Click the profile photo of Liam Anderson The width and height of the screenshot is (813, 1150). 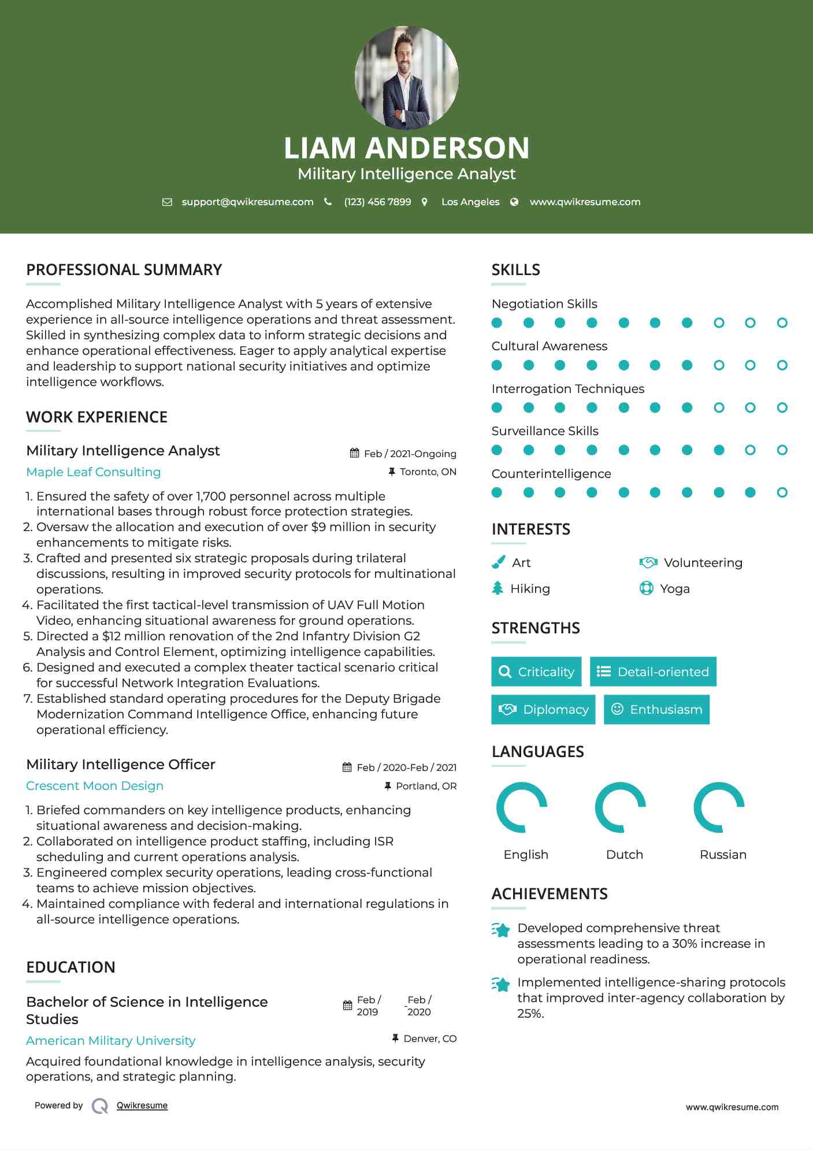406,77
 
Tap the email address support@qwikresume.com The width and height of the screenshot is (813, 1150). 247,202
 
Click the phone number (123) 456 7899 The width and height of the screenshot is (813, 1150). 377,202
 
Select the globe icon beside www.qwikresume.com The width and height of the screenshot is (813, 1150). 514,202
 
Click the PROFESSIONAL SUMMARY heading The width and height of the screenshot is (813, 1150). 124,270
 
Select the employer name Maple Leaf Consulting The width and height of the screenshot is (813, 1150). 94,472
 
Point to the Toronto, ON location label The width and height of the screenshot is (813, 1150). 428,472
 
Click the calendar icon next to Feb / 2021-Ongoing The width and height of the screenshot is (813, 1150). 354,454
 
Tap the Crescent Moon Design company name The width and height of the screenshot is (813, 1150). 95,786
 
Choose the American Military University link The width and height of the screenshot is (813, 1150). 110,1041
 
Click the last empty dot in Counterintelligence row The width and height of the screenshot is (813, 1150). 782,492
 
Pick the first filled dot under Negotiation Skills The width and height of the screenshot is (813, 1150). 497,323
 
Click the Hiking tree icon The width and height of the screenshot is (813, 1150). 498,588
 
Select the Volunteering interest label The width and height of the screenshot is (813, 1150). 703,563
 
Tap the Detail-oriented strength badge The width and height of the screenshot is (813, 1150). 653,672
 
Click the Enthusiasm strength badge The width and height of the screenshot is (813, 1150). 656,710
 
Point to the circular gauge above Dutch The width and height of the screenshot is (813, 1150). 621,807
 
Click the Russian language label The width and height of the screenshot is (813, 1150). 723,855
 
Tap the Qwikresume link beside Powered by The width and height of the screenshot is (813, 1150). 142,1106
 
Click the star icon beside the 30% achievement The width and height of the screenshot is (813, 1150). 501,930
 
